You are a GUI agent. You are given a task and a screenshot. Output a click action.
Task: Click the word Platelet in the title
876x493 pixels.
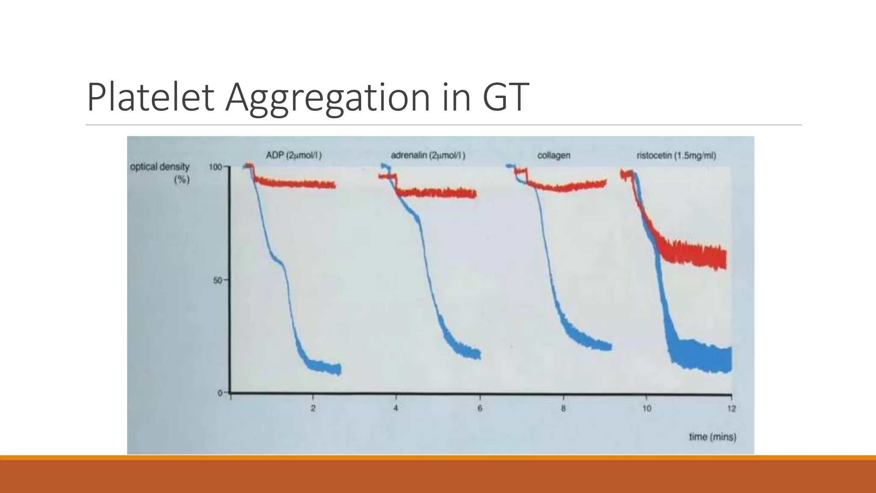[150, 97]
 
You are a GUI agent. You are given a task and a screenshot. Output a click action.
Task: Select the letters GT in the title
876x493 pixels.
[506, 97]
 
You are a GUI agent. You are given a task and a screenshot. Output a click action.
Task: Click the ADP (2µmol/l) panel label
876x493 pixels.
[294, 155]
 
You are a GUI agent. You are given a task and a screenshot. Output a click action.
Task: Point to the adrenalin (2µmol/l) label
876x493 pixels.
[428, 155]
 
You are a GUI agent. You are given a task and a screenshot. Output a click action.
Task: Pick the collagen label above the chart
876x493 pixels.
[553, 155]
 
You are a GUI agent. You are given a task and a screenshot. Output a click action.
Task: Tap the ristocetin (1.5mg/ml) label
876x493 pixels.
[676, 155]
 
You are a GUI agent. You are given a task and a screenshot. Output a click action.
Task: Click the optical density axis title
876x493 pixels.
[160, 172]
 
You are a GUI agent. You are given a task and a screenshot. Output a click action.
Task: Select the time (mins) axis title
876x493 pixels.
[713, 437]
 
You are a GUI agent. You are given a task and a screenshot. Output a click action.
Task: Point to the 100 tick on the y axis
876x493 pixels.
[215, 167]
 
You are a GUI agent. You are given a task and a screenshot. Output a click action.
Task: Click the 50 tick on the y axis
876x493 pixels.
[218, 280]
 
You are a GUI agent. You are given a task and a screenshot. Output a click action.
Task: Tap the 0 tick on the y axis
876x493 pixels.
[220, 393]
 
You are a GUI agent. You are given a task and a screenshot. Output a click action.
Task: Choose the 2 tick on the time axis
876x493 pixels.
[313, 408]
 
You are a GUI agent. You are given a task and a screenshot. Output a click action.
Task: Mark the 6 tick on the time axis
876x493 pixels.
[480, 408]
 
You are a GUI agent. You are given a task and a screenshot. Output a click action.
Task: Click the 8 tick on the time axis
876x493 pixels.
[563, 408]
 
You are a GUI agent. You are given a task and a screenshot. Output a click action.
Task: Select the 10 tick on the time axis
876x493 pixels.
[647, 408]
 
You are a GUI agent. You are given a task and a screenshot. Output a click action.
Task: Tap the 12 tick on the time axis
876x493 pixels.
[731, 408]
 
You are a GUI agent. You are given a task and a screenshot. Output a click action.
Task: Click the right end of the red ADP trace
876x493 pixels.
[334, 185]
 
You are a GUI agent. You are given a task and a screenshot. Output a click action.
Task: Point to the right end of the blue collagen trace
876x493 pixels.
[610, 346]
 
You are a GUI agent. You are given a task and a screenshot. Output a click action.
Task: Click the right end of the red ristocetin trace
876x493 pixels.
[724, 259]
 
